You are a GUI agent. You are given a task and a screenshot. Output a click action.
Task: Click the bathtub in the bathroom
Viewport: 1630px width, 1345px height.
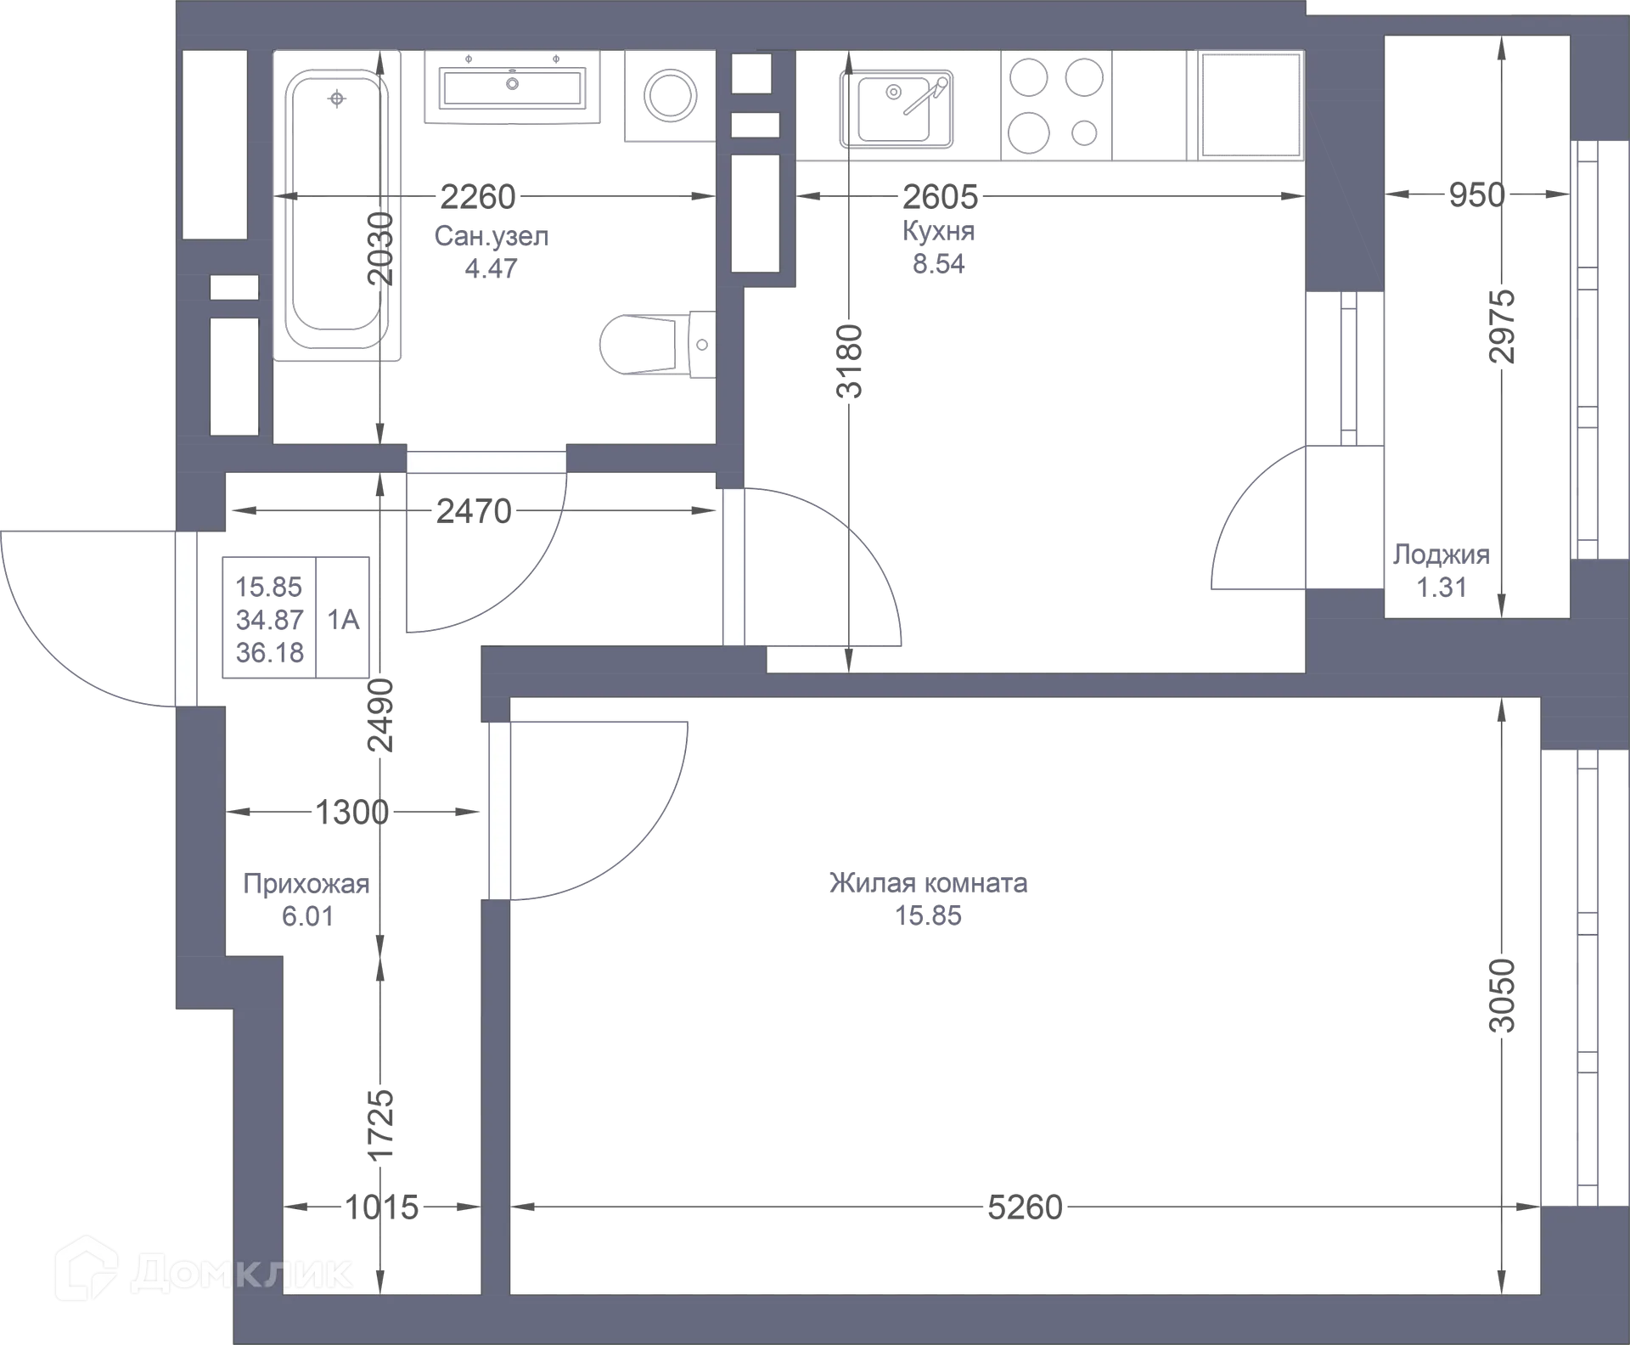click(337, 205)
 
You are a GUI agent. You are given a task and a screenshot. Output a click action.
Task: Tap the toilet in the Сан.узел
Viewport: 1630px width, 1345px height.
click(656, 344)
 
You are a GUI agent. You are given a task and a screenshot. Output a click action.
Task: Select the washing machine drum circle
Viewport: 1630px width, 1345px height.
click(670, 94)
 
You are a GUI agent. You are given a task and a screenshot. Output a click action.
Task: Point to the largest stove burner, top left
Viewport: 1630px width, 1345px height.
click(1028, 78)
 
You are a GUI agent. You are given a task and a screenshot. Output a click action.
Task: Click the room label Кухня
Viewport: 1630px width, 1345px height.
click(938, 231)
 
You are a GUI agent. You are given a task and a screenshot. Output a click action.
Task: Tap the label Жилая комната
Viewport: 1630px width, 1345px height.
click(928, 883)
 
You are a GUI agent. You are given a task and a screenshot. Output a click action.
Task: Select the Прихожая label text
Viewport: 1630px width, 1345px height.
click(306, 884)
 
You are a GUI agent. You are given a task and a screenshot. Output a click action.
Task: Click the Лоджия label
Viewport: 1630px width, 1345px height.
click(1442, 554)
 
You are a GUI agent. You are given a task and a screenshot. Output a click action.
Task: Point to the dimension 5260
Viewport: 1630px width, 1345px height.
click(1025, 1207)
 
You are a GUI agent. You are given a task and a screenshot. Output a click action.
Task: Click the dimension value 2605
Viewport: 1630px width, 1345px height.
click(940, 197)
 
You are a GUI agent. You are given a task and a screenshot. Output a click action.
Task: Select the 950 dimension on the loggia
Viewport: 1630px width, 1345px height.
click(1476, 195)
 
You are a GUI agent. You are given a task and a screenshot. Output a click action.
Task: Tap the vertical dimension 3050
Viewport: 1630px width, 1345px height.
click(1502, 995)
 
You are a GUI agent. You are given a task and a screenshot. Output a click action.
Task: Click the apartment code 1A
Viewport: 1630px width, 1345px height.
click(343, 619)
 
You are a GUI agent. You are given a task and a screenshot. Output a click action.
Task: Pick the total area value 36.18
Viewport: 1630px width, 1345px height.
click(269, 652)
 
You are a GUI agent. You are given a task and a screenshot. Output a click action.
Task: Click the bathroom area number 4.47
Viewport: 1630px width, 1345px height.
click(491, 268)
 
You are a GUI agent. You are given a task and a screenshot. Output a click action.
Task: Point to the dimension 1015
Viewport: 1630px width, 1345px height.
click(381, 1207)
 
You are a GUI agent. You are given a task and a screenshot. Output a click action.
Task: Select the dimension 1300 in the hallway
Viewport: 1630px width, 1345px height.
click(351, 813)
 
